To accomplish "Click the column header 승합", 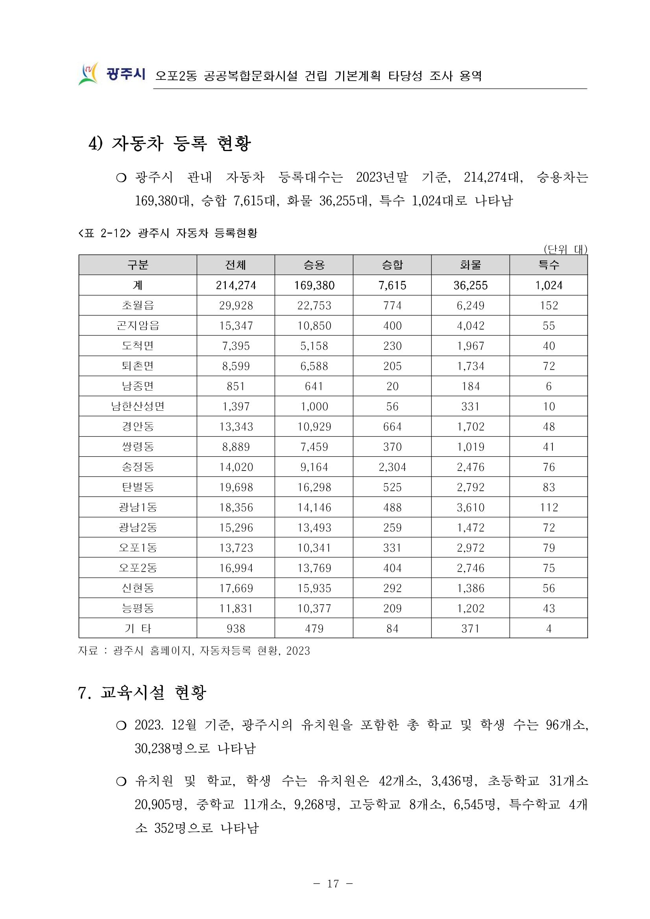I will (392, 265).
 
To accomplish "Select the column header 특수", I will (548, 265).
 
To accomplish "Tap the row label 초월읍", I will (138, 306).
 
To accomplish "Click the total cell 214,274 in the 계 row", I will (236, 285).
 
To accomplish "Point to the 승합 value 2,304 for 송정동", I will (392, 467).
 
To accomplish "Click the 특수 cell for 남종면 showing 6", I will (548, 387).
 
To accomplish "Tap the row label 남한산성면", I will (138, 407).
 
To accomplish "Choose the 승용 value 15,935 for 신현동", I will (314, 589).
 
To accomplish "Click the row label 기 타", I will (138, 629).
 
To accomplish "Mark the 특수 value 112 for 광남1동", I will (548, 507).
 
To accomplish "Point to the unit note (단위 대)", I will (565, 250).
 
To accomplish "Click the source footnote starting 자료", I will (194, 651).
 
